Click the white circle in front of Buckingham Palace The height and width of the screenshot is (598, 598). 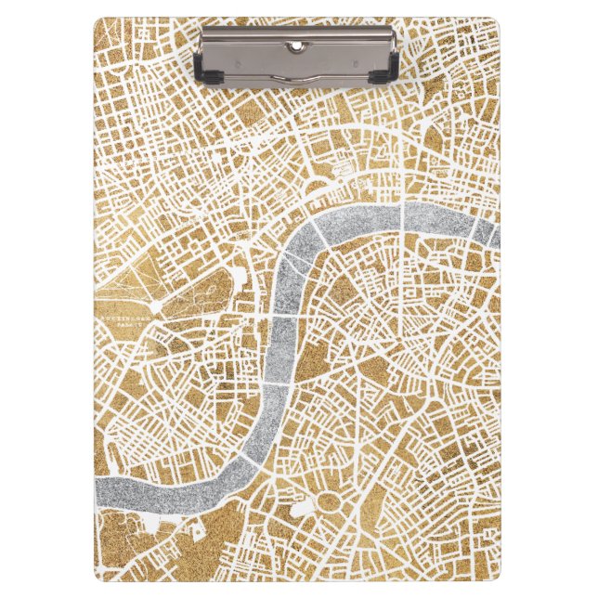pos(157,305)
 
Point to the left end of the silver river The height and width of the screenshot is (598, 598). pos(100,487)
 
